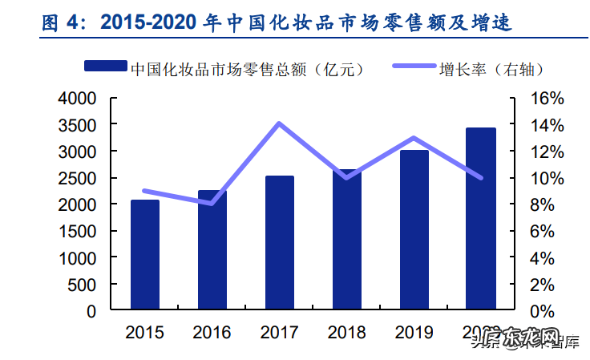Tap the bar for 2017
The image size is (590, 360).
[280, 243]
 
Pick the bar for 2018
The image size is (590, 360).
[347, 240]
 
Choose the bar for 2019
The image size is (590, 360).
[414, 230]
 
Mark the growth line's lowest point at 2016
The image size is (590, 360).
[212, 204]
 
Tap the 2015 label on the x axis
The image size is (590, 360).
[145, 332]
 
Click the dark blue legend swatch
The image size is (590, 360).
[104, 68]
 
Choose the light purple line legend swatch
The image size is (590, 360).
[414, 68]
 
